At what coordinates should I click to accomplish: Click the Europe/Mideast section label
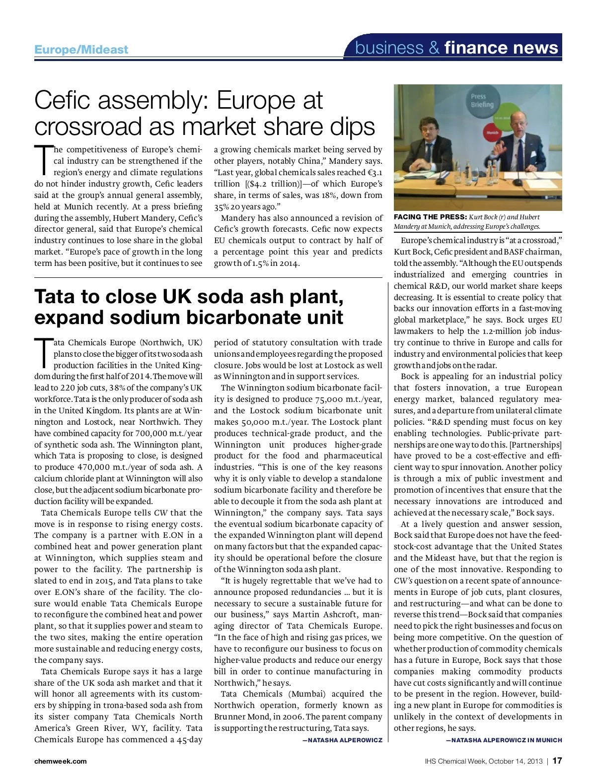[81, 50]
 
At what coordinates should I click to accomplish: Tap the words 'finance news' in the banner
[501, 48]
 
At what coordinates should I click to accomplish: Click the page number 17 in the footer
[557, 761]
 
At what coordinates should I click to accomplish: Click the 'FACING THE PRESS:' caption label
[430, 217]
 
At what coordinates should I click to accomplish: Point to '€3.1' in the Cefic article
[372, 173]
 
